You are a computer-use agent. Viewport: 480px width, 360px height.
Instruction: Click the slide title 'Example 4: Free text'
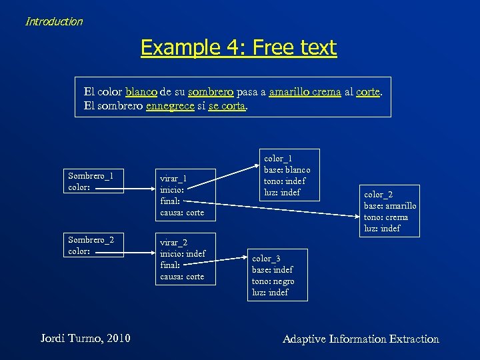239,47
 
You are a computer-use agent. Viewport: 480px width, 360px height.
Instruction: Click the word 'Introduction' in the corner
54,21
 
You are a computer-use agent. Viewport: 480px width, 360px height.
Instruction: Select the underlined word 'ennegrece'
170,105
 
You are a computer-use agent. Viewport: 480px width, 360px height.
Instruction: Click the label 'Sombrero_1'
91,175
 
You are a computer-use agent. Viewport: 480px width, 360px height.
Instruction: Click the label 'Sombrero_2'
91,239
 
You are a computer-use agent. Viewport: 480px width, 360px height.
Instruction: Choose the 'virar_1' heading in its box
173,179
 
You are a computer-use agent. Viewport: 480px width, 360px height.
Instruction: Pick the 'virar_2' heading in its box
173,243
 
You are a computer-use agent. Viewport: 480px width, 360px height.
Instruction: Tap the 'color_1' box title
278,159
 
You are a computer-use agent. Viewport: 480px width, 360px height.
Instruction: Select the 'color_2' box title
377,195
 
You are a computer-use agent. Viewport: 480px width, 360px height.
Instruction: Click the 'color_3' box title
266,259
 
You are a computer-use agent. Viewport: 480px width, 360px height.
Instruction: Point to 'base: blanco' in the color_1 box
287,170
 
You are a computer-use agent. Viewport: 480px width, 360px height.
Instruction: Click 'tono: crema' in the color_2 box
386,217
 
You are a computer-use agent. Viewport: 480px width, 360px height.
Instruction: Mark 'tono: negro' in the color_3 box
273,281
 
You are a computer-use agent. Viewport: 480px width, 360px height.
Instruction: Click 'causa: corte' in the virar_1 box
182,213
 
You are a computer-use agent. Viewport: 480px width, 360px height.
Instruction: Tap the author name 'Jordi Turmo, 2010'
84,339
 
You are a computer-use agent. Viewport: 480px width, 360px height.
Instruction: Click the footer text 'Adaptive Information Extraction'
361,339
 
